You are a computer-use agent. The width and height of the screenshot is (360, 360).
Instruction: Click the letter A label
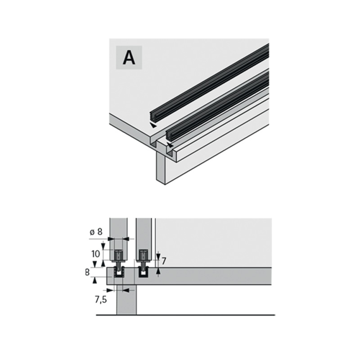click(129, 58)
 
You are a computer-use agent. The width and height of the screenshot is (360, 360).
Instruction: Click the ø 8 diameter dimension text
click(96, 232)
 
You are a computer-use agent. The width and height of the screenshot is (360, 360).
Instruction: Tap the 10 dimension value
click(95, 254)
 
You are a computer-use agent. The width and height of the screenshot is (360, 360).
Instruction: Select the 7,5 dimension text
click(101, 300)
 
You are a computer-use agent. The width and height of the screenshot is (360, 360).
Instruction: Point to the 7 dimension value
click(164, 261)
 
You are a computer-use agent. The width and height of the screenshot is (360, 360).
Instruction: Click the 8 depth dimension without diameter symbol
click(87, 273)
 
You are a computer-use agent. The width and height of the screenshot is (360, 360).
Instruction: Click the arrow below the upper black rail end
click(153, 126)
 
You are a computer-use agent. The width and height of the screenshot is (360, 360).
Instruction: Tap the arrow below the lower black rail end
click(170, 145)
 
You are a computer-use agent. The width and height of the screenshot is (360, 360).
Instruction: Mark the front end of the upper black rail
click(152, 116)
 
